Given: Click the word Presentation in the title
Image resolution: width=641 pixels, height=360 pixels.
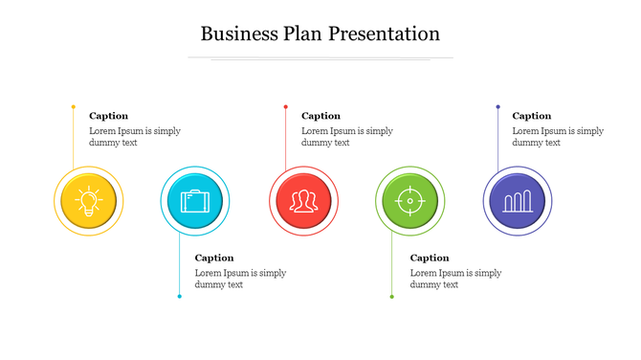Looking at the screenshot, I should tap(384, 34).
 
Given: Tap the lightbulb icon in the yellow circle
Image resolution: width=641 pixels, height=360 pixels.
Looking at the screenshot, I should tap(88, 201).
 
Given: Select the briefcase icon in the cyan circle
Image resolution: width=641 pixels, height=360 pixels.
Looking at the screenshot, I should tap(194, 201).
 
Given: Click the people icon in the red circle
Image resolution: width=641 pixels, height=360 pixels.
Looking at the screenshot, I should tap(303, 201).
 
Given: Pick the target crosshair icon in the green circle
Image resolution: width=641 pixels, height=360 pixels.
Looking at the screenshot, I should tap(409, 201).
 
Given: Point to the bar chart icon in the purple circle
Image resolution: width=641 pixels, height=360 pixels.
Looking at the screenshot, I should tap(517, 201).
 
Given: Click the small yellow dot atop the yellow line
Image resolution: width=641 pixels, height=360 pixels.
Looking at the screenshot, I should tap(74, 106).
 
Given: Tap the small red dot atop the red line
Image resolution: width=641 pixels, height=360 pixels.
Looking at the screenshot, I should tap(285, 106).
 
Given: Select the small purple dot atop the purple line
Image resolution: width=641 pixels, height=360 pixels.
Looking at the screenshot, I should tap(497, 106).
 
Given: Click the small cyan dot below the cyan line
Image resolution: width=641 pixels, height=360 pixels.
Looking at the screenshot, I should tap(179, 297).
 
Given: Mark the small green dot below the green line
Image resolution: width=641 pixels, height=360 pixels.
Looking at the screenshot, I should tap(391, 297).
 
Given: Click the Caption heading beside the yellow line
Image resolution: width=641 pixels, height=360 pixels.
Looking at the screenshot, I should tap(108, 116).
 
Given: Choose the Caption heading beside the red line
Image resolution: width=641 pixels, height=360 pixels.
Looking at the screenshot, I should tap(320, 116).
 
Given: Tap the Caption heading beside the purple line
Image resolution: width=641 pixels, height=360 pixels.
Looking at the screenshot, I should tap(532, 116).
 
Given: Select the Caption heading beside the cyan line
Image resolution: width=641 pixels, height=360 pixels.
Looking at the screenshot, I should tap(214, 258).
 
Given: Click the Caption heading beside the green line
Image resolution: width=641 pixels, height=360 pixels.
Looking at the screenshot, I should tap(430, 258).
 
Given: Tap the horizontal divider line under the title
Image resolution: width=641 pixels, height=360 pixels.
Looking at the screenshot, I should tap(320, 58).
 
